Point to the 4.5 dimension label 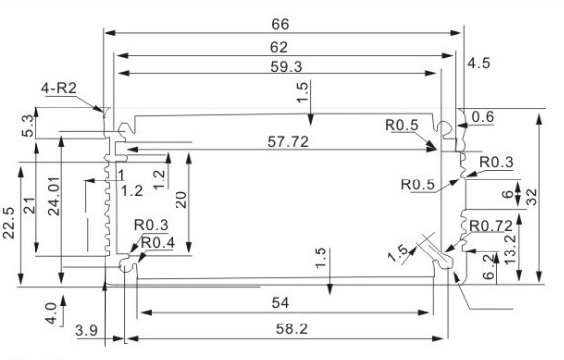479,63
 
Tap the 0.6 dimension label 483,118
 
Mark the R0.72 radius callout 489,226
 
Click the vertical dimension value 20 179,200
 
